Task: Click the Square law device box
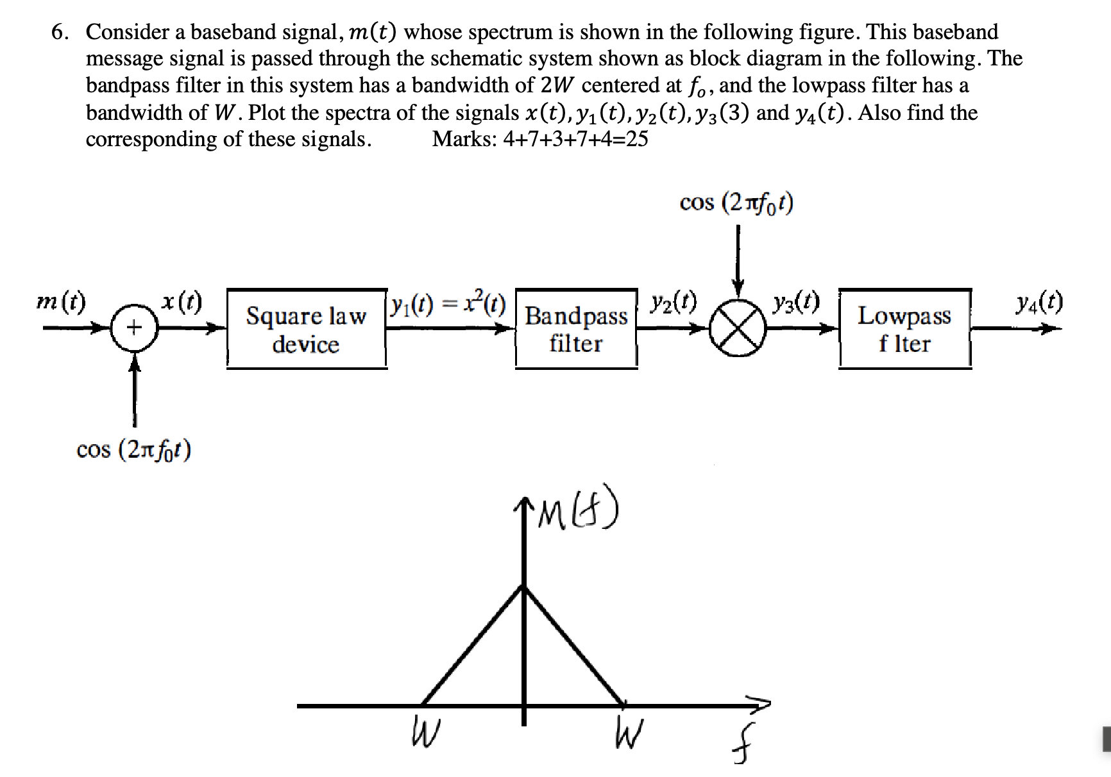(x=306, y=329)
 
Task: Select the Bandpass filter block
(x=576, y=329)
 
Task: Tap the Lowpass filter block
(x=904, y=329)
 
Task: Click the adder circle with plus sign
(x=133, y=328)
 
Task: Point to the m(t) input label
(x=62, y=301)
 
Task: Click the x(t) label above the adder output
(x=182, y=301)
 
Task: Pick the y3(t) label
(x=796, y=301)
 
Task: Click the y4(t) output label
(x=1039, y=301)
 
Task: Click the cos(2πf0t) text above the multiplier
(x=736, y=203)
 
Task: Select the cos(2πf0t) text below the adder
(x=133, y=450)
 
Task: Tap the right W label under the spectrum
(x=627, y=733)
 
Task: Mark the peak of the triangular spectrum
(x=524, y=586)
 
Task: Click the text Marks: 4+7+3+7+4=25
(x=539, y=138)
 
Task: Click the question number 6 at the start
(x=60, y=32)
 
